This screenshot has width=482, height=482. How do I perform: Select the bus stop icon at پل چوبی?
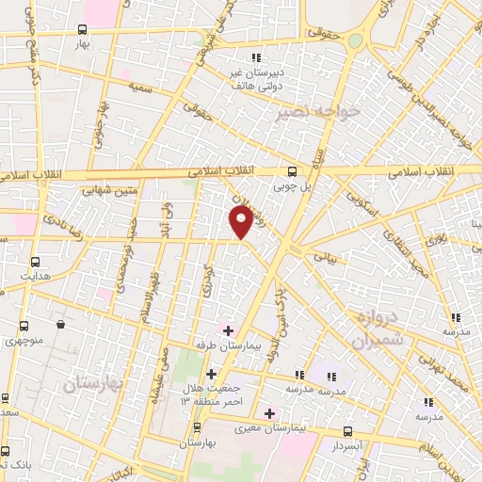click(292, 171)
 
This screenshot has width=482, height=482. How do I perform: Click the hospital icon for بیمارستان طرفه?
click(228, 330)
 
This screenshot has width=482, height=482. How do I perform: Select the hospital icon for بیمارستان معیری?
click(269, 412)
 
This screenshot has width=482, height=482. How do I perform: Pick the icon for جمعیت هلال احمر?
click(211, 374)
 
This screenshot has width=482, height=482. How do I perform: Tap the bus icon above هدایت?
click(36, 263)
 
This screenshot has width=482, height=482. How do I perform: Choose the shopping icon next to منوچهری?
click(60, 325)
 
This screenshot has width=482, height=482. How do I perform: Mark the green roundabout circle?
click(355, 40)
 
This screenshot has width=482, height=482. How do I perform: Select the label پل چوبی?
click(293, 186)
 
